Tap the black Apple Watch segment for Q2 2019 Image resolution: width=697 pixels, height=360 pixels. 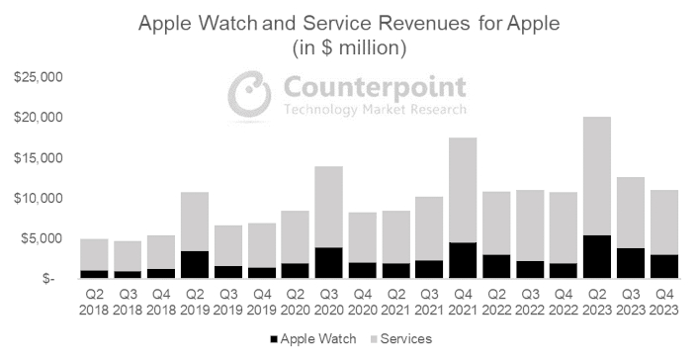point(195,264)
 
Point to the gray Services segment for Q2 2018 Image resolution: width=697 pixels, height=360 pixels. point(94,254)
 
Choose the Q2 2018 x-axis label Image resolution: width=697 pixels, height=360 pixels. point(94,303)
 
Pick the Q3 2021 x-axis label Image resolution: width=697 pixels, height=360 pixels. point(429,303)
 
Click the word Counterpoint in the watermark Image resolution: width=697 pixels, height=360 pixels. point(374,86)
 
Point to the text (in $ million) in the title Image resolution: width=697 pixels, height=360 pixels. point(348,46)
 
